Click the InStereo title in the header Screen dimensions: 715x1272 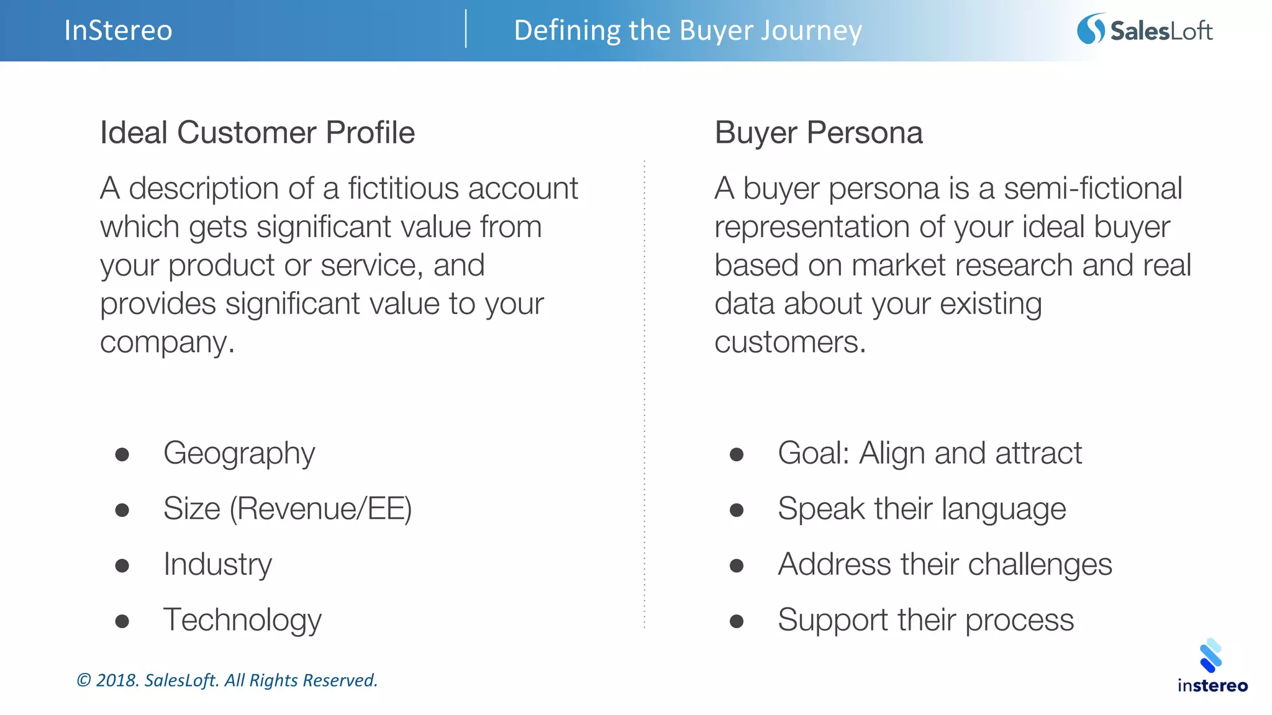click(x=118, y=30)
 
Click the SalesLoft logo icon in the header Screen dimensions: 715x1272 click(x=1091, y=29)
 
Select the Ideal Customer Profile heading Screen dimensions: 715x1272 click(x=257, y=132)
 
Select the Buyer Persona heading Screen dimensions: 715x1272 click(x=818, y=132)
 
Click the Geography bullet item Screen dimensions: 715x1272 click(x=239, y=453)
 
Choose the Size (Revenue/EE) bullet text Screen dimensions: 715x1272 click(x=287, y=508)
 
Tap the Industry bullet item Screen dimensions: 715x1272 click(x=217, y=564)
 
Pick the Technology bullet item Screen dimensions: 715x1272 click(x=242, y=619)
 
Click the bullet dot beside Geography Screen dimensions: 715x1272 click(x=122, y=455)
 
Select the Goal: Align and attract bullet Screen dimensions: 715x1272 click(x=929, y=453)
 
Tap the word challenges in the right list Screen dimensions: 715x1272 click(x=1039, y=565)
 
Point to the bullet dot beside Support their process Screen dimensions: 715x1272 click(x=737, y=621)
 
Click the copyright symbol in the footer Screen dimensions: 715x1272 click(x=84, y=681)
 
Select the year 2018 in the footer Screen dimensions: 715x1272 click(x=116, y=681)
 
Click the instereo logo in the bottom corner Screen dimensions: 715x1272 click(x=1212, y=665)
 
